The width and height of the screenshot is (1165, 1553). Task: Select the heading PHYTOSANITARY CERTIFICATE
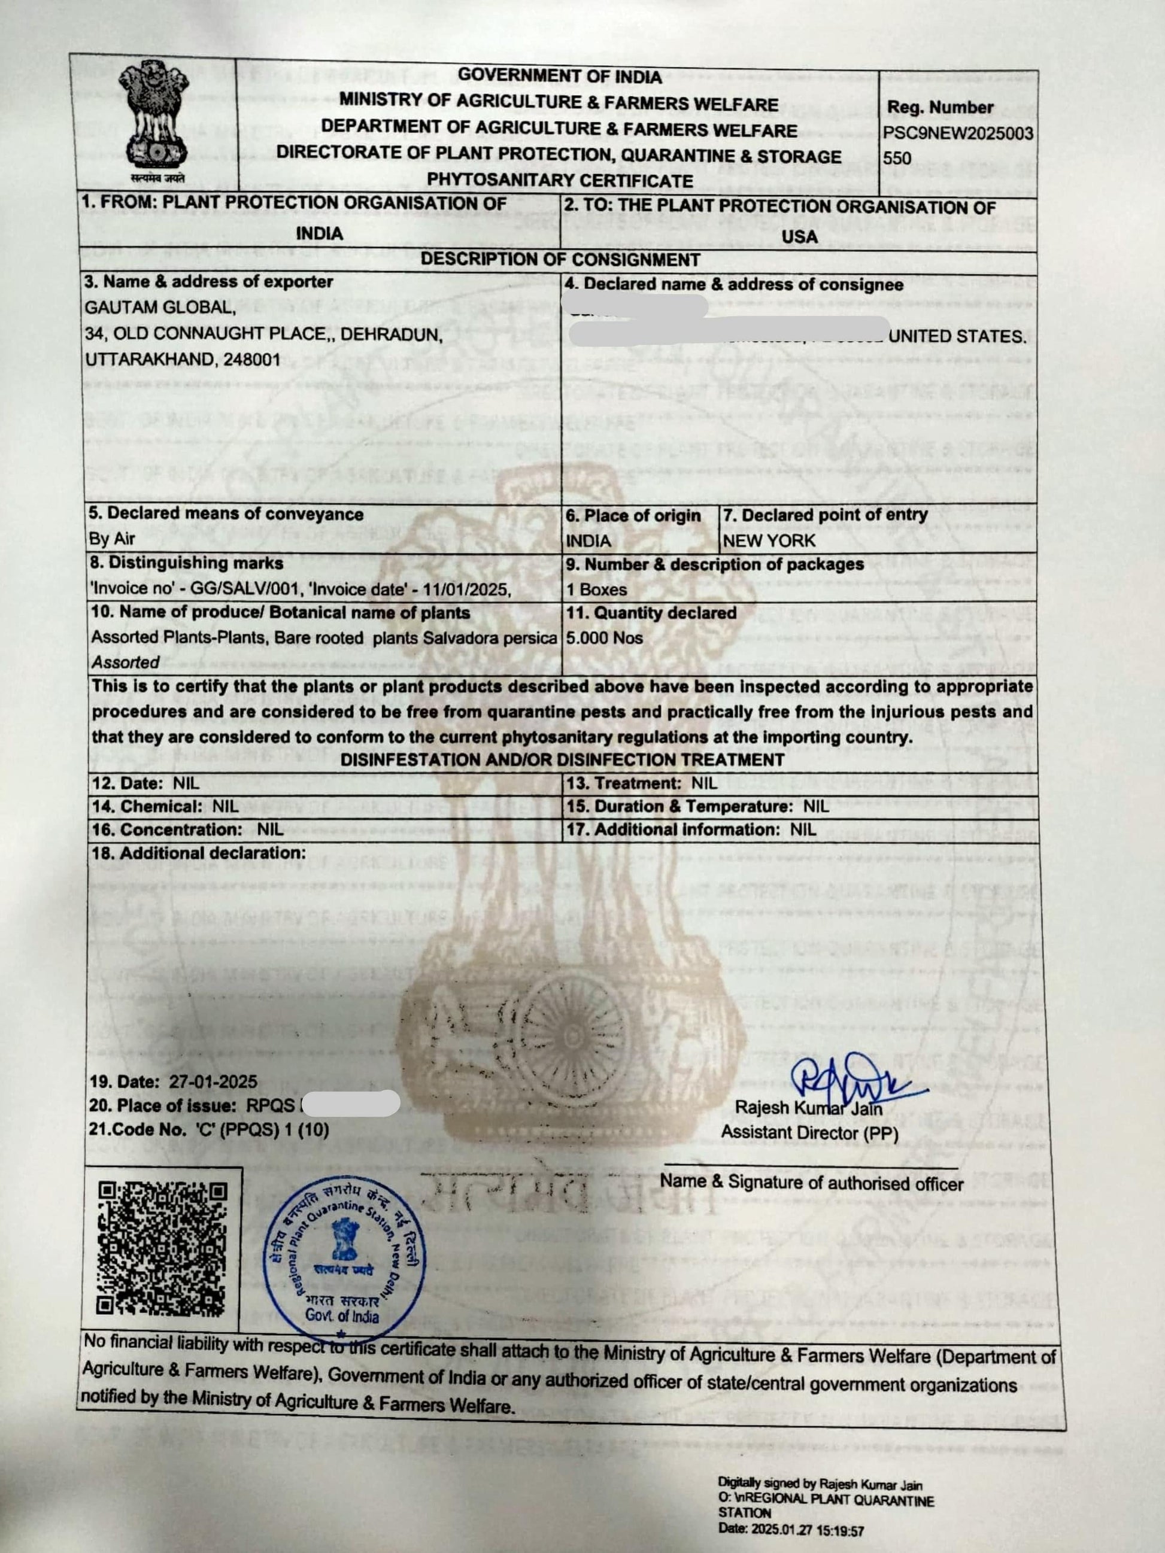560,180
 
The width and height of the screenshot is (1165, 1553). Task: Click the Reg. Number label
939,107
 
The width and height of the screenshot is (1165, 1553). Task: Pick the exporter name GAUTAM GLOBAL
160,308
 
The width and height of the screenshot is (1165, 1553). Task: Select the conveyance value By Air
112,539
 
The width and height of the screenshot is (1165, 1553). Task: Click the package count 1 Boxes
596,589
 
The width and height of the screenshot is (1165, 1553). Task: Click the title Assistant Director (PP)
809,1132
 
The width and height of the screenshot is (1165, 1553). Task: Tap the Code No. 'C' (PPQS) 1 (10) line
208,1130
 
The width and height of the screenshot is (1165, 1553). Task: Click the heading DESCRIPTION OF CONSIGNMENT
560,260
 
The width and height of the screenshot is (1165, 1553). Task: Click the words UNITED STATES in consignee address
957,336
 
